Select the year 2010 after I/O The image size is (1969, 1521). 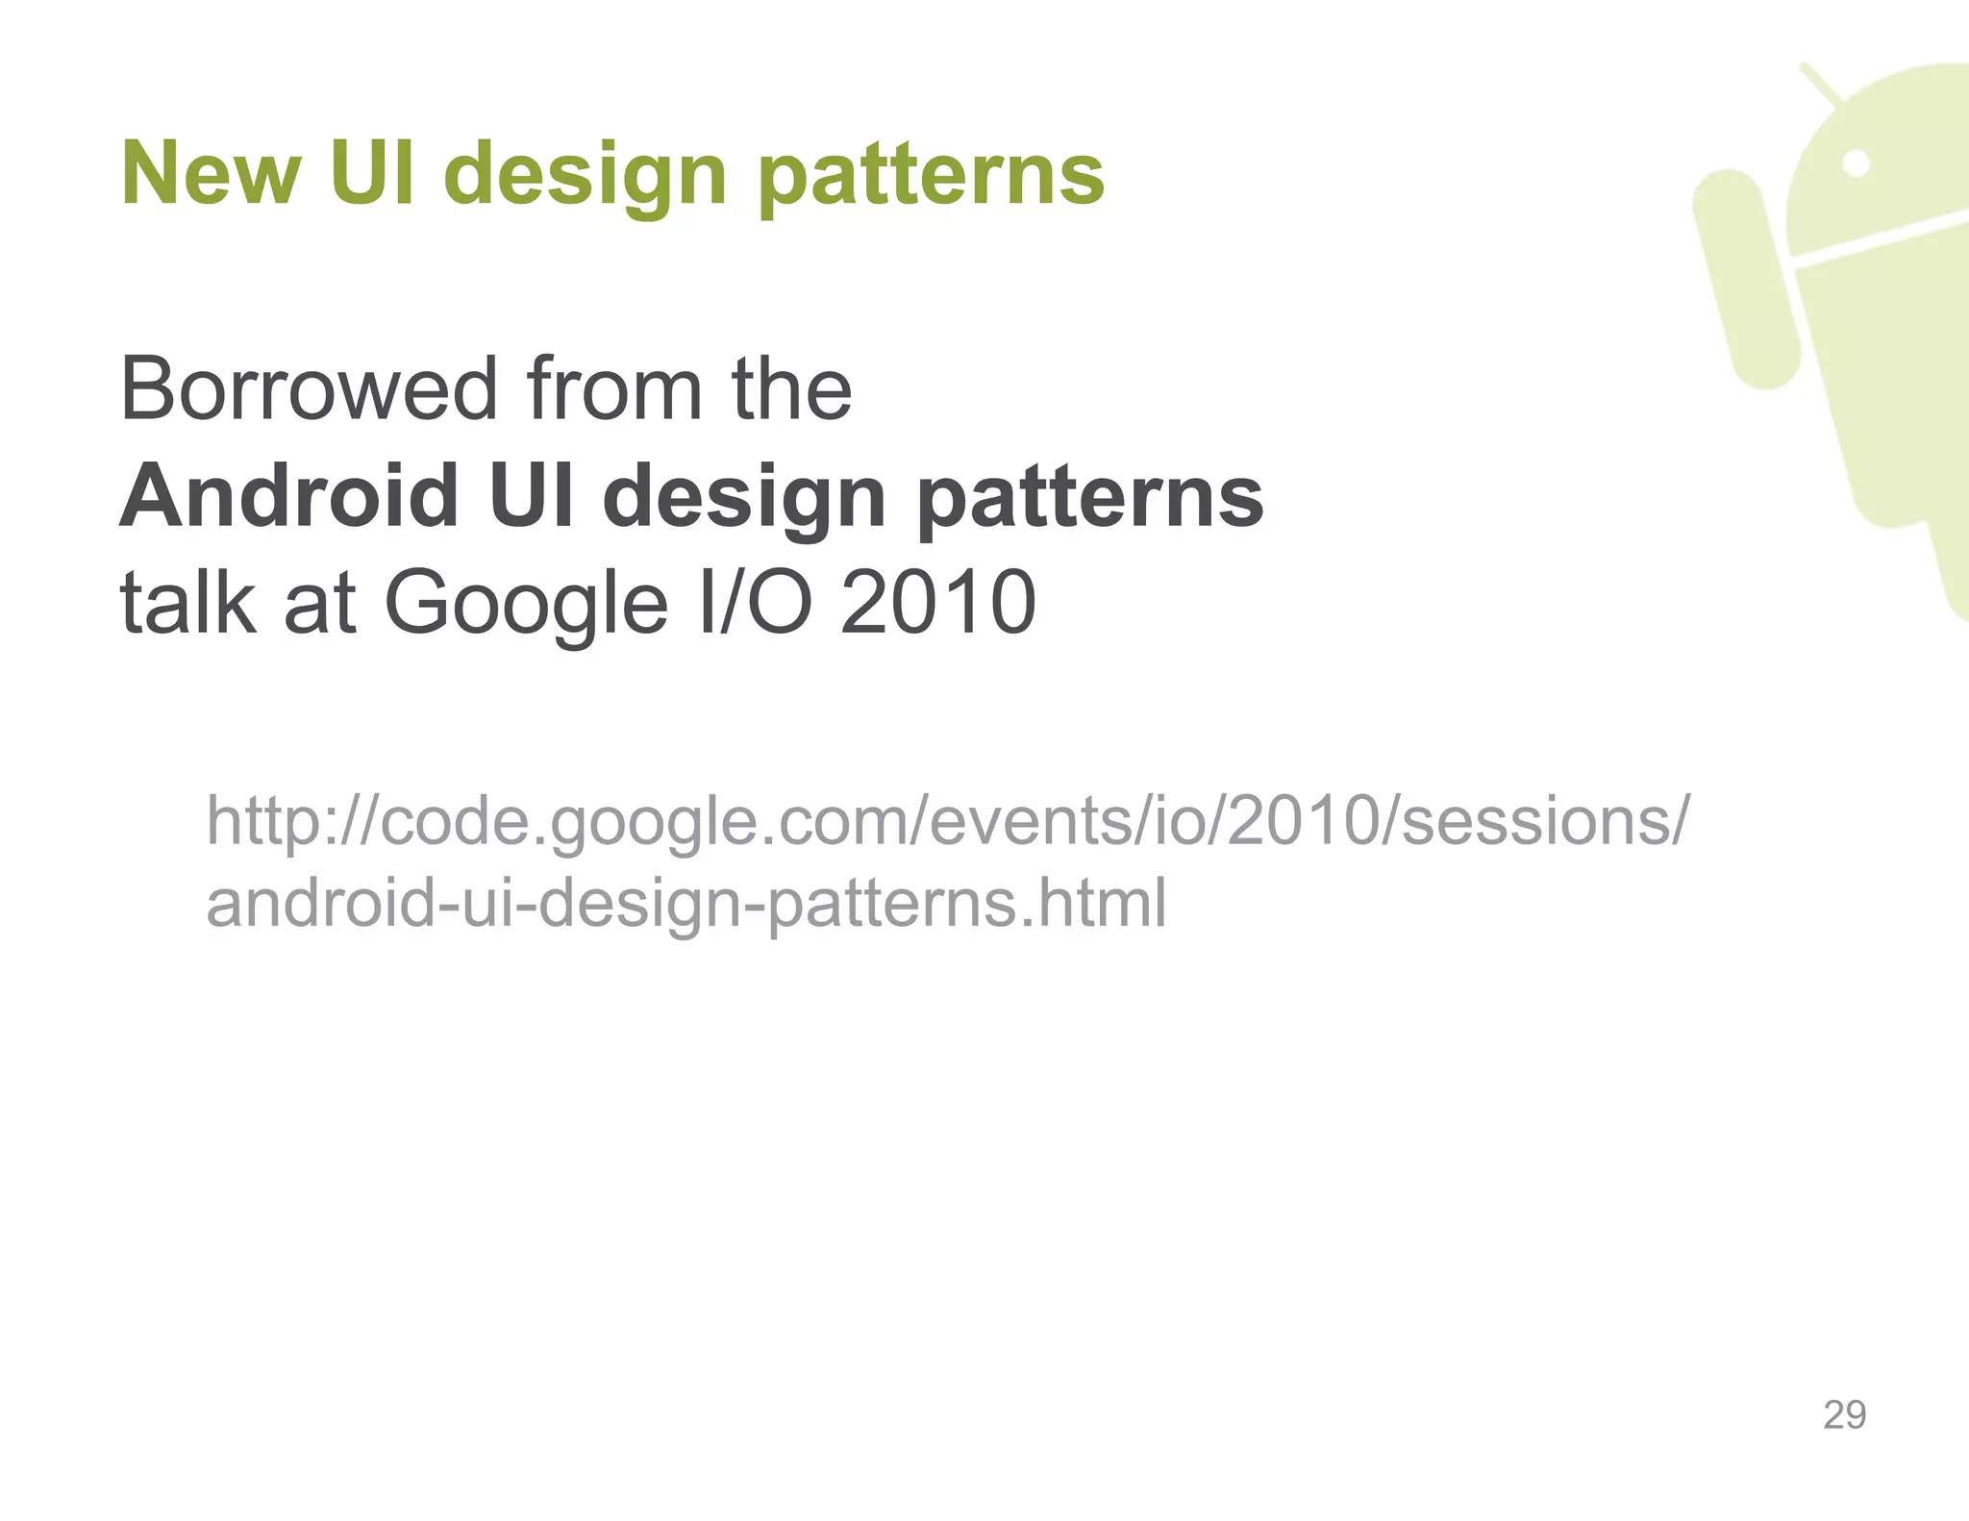[x=938, y=603]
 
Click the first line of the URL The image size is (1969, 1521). [x=946, y=821]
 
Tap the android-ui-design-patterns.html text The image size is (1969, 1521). [x=686, y=904]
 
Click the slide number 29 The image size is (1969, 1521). [x=1844, y=1415]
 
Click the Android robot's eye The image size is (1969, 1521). [x=1857, y=164]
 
